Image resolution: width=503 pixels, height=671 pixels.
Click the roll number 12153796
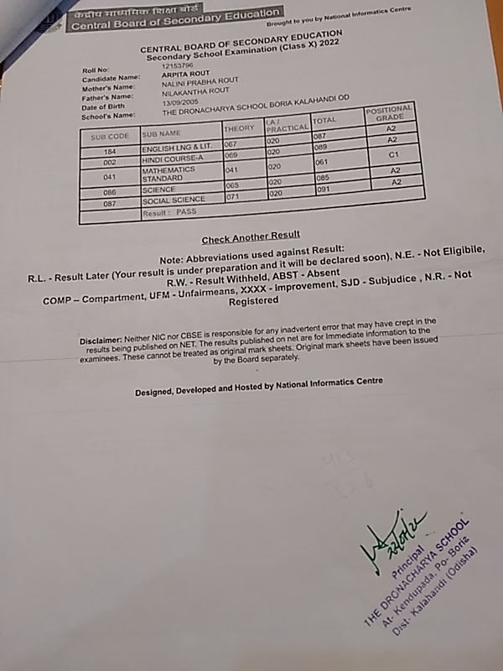(x=178, y=65)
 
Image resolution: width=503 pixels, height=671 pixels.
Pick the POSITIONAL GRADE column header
(x=389, y=114)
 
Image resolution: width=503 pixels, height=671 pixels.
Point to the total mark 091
(x=324, y=190)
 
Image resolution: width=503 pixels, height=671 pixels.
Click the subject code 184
(x=109, y=151)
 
